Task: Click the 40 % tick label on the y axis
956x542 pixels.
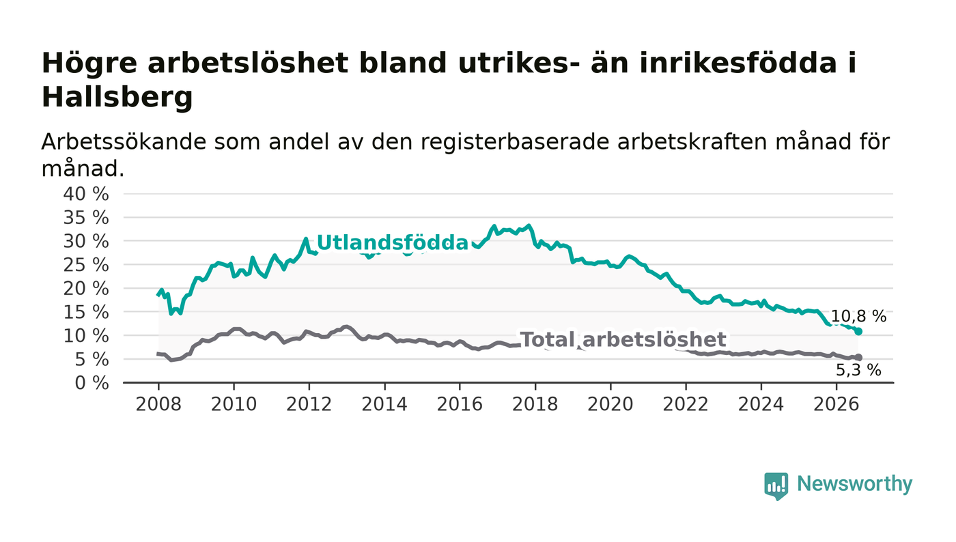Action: tap(86, 194)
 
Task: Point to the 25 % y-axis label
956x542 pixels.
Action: tap(86, 266)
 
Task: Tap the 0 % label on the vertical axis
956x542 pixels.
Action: tap(92, 383)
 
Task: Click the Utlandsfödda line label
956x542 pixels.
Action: tap(393, 243)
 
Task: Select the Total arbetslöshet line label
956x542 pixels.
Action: tap(623, 340)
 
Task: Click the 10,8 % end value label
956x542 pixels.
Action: tap(859, 316)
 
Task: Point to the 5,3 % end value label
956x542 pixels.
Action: tap(858, 370)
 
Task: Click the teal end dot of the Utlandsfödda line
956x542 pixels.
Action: tap(859, 332)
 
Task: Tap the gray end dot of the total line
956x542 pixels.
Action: tap(859, 357)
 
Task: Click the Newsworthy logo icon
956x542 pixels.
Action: tap(776, 486)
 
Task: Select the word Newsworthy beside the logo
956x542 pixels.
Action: tap(854, 484)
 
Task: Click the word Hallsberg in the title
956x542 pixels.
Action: tap(117, 98)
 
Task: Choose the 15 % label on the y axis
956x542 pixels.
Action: tap(86, 313)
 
